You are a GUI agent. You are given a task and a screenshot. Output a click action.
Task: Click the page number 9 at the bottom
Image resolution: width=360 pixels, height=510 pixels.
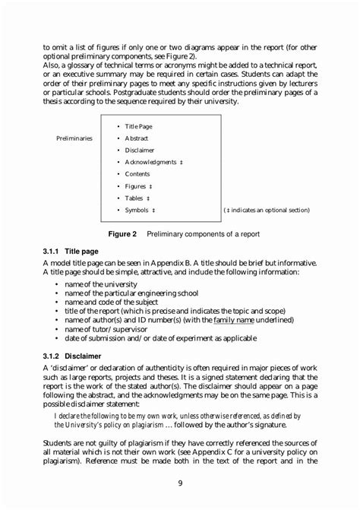[180, 483]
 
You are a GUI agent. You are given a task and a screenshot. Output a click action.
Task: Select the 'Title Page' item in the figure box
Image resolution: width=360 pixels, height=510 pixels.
[138, 126]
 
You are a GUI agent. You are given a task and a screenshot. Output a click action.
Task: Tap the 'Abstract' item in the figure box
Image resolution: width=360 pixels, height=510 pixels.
[137, 138]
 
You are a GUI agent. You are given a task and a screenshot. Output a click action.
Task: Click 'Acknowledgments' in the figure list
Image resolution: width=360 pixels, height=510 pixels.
[150, 162]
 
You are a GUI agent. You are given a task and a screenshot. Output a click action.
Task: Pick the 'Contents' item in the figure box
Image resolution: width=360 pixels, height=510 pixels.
[137, 174]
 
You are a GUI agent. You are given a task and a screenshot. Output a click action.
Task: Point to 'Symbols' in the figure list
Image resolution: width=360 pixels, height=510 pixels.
[137, 210]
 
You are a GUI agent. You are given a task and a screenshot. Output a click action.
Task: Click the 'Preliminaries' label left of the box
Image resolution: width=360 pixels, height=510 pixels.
[74, 138]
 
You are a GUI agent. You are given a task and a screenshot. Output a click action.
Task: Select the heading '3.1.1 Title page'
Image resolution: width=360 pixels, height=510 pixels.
[70, 250]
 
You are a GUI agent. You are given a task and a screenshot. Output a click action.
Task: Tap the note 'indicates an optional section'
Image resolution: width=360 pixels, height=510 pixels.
[269, 210]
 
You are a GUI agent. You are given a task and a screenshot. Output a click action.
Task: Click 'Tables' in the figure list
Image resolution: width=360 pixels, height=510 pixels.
[134, 198]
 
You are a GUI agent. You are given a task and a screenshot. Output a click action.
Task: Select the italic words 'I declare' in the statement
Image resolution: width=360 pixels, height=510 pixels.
[68, 416]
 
